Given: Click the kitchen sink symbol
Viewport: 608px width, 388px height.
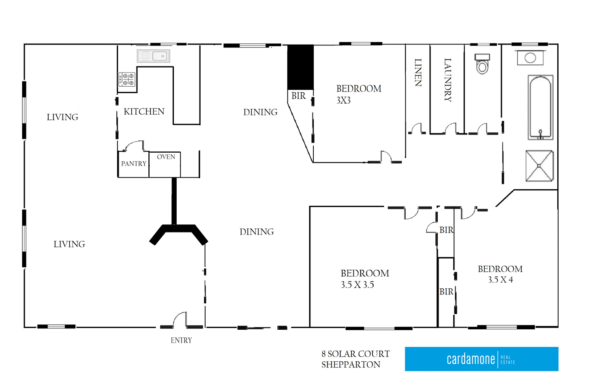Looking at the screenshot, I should (x=153, y=56).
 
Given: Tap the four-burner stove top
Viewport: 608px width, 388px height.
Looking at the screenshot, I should (x=127, y=79).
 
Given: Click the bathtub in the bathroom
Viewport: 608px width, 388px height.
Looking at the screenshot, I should (x=540, y=107).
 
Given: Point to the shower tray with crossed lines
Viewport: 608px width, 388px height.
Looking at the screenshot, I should (x=539, y=166).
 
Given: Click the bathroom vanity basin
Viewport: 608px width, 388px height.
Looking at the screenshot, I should (x=530, y=58).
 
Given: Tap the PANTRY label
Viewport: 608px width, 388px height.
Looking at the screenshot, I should (x=133, y=164).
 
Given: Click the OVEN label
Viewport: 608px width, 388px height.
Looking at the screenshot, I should (x=166, y=157).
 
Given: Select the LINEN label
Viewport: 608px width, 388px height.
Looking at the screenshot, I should (x=418, y=72).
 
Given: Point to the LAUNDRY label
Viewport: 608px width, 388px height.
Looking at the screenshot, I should (x=447, y=80).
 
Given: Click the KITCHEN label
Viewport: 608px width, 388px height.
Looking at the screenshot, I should (x=144, y=111).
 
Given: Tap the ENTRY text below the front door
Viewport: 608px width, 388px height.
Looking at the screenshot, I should (x=181, y=341).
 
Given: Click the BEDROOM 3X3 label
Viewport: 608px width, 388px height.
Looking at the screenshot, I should (x=358, y=94).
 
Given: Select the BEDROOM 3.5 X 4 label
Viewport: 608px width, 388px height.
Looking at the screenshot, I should (x=500, y=274).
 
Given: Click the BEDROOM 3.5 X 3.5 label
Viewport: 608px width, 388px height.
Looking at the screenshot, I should (x=364, y=279).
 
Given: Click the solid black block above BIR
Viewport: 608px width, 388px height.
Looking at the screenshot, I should (x=300, y=67).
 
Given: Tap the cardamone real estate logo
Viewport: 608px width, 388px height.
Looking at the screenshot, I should (x=481, y=359).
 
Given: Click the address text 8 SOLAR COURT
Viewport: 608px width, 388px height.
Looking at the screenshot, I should (x=355, y=354).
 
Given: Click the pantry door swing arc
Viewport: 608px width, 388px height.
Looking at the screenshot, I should (x=135, y=145).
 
